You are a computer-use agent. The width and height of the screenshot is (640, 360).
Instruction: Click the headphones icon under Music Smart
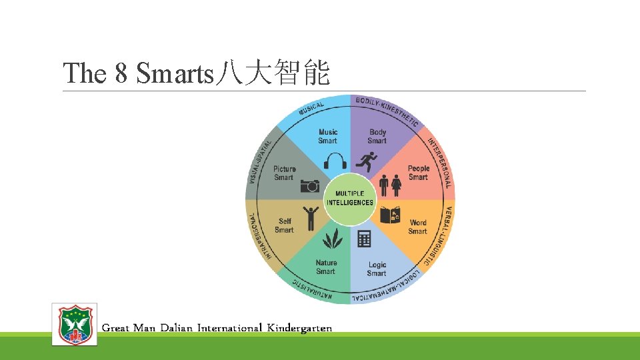pyautogui.click(x=335, y=161)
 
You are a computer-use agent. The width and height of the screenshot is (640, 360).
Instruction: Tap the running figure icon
pyautogui.click(x=365, y=161)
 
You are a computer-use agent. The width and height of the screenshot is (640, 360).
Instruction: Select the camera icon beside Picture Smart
pyautogui.click(x=309, y=186)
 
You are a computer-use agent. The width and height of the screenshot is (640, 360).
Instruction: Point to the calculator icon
pyautogui.click(x=364, y=238)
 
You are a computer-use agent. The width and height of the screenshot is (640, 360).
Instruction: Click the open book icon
pyautogui.click(x=389, y=215)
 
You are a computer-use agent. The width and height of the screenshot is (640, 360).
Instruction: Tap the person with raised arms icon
pyautogui.click(x=310, y=217)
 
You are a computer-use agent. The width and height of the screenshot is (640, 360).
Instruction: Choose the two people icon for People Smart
pyautogui.click(x=390, y=185)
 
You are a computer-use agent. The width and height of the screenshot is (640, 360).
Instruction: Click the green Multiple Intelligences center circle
pyautogui.click(x=350, y=199)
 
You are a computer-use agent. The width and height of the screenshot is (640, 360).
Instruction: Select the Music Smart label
pyautogui.click(x=328, y=136)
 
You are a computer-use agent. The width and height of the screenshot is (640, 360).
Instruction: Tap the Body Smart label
pyautogui.click(x=377, y=136)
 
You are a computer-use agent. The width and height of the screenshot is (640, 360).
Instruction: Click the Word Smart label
pyautogui.click(x=418, y=227)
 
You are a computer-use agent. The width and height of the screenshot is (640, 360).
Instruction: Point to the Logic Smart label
pyautogui.click(x=377, y=269)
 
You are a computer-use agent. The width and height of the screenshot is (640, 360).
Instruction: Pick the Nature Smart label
pyautogui.click(x=326, y=267)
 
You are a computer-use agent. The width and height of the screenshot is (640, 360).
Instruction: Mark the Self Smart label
pyautogui.click(x=285, y=225)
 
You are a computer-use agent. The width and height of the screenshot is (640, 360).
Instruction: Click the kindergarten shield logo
pyautogui.click(x=75, y=324)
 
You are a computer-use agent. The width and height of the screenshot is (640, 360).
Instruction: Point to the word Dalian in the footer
pyautogui.click(x=176, y=327)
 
